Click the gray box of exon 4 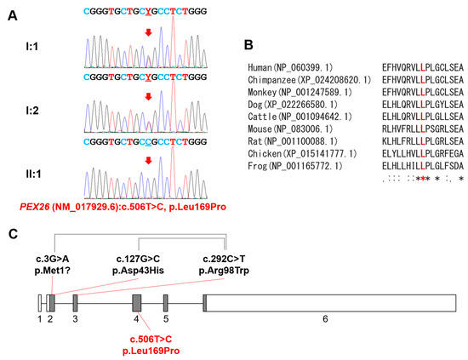136,302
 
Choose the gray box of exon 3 75,302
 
